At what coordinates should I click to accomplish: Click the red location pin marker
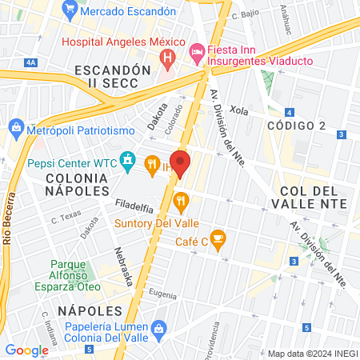180,163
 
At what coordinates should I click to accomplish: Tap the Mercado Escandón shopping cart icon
70,11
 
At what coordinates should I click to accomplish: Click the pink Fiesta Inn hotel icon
196,52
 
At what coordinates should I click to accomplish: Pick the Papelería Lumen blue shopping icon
159,329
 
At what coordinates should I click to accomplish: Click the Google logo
26,350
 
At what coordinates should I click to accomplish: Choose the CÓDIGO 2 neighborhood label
296,126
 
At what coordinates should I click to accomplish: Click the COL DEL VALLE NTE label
313,197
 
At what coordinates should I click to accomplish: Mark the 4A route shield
30,62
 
